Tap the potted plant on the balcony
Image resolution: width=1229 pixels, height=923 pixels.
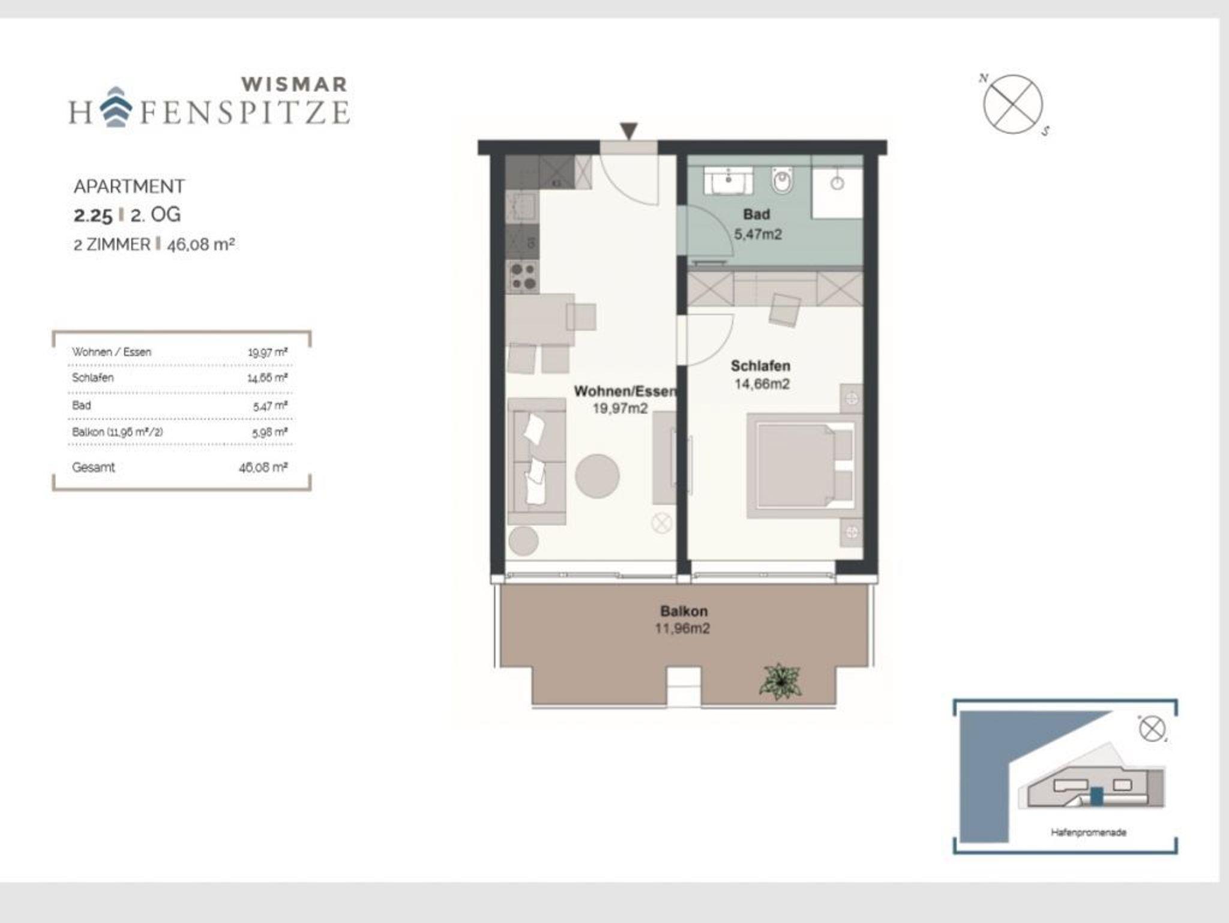pyautogui.click(x=780, y=681)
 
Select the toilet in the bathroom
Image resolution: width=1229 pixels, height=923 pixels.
pyautogui.click(x=782, y=179)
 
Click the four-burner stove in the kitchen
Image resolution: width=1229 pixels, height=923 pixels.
pyautogui.click(x=523, y=277)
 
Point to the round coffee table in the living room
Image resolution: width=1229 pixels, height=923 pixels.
pyautogui.click(x=597, y=476)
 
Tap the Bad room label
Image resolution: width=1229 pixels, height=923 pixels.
pyautogui.click(x=756, y=214)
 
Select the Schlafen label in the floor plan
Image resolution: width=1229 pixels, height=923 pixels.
pyautogui.click(x=760, y=365)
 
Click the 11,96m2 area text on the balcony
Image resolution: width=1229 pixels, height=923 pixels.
pyautogui.click(x=682, y=629)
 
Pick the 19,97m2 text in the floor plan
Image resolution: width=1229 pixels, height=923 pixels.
pyautogui.click(x=621, y=409)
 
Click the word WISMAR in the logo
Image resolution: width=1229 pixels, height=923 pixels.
pyautogui.click(x=294, y=85)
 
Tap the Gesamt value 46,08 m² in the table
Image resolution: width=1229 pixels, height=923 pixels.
pyautogui.click(x=263, y=467)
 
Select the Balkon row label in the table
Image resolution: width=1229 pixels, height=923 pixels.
pyautogui.click(x=117, y=432)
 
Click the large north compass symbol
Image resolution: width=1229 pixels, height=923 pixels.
pyautogui.click(x=1014, y=104)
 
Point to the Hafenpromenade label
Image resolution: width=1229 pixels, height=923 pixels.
pyautogui.click(x=1089, y=832)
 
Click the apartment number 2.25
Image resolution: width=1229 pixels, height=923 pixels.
pyautogui.click(x=93, y=215)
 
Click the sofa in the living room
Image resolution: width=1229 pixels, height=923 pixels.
pyautogui.click(x=536, y=461)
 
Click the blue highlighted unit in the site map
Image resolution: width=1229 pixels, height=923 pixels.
pyautogui.click(x=1096, y=796)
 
